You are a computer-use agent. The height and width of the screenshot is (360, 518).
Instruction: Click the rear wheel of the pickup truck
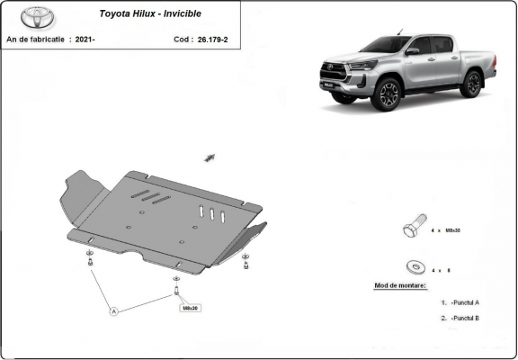(x=469, y=84)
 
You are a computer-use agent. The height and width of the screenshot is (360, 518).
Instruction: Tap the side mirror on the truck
(x=412, y=52)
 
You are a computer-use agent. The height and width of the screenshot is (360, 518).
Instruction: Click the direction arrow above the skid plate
(x=210, y=157)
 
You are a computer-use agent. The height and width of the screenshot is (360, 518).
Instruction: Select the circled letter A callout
(x=114, y=311)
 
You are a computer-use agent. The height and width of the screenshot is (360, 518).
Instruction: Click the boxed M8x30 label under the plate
(x=191, y=308)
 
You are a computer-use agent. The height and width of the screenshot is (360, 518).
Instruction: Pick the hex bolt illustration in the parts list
(x=413, y=229)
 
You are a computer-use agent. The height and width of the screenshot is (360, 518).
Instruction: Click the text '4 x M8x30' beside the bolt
(x=447, y=230)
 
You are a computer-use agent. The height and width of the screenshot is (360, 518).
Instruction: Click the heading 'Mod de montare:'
(x=401, y=285)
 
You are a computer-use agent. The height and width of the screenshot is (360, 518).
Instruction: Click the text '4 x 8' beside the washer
(x=441, y=269)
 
